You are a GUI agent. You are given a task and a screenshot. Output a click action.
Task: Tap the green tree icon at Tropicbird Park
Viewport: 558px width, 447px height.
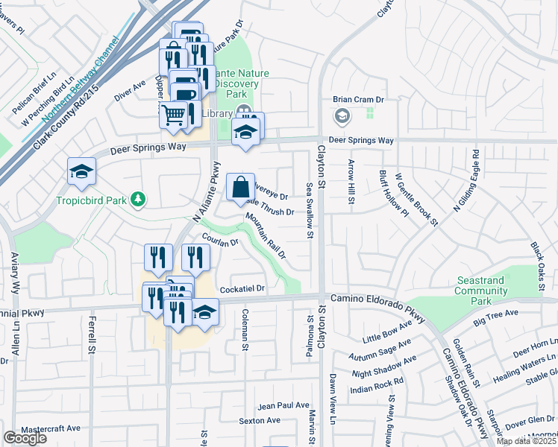(x=137, y=199)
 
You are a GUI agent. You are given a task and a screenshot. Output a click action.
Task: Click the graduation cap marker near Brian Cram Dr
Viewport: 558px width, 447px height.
(x=342, y=116)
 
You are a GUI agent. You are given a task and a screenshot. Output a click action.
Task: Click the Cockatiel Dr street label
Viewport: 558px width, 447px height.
(x=242, y=288)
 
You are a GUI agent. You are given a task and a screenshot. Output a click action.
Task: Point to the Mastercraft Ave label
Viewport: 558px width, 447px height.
(x=51, y=428)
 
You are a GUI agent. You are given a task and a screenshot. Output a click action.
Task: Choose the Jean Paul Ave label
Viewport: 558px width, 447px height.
(x=283, y=405)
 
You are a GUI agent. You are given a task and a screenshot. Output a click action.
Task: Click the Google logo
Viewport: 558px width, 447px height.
(x=25, y=438)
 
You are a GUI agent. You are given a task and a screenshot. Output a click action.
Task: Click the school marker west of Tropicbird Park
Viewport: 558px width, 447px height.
(x=81, y=171)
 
